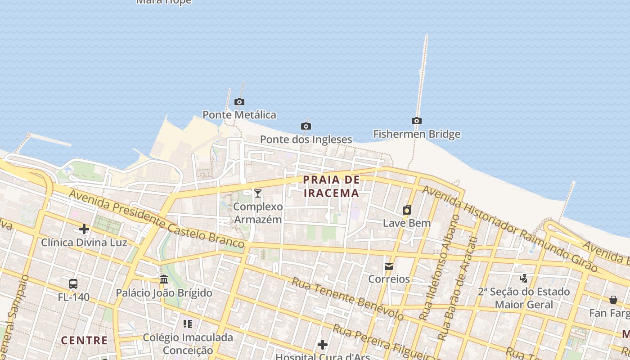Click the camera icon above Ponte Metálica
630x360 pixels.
click(239, 102)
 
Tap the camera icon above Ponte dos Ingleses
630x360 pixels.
click(306, 126)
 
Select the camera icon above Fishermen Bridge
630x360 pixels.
click(417, 121)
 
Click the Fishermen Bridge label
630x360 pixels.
click(417, 134)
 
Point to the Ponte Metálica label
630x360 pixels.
click(239, 115)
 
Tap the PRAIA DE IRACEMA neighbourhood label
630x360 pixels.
click(332, 186)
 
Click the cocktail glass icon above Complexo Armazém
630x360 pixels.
click(258, 193)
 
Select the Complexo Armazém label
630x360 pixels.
click(258, 213)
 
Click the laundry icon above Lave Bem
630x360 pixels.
click(407, 210)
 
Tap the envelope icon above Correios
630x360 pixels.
click(389, 266)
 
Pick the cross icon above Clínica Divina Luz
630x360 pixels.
click(84, 229)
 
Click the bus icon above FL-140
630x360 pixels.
click(73, 284)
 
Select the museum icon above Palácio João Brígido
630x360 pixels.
click(164, 279)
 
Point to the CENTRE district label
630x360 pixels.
click(85, 340)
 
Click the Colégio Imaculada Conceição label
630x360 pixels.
click(188, 343)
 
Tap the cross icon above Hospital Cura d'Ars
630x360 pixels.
click(322, 345)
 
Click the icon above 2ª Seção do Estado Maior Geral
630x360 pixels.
click(523, 279)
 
